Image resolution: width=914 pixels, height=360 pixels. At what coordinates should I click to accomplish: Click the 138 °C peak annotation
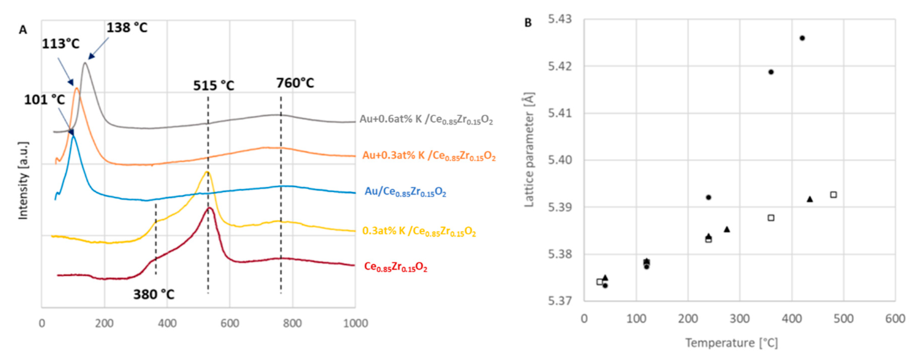(127, 28)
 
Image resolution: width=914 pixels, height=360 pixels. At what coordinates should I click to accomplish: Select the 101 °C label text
(44, 100)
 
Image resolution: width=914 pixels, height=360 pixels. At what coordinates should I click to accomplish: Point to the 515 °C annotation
(214, 85)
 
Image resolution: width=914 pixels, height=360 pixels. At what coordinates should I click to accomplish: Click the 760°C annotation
(295, 83)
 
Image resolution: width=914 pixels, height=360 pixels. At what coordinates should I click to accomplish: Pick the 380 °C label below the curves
(154, 294)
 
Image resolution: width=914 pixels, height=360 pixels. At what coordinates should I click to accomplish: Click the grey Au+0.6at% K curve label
(426, 119)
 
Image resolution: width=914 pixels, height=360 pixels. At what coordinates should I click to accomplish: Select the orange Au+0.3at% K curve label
(429, 156)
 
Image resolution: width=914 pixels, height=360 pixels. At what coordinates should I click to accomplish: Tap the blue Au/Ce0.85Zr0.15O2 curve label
(405, 192)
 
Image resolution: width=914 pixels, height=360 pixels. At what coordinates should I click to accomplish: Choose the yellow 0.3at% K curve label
(419, 231)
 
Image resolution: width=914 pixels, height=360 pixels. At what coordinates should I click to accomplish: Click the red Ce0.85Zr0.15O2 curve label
(395, 267)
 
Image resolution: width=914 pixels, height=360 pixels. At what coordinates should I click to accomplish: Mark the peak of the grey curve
(85, 63)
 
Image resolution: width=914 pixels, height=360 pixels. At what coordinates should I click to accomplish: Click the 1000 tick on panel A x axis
(356, 323)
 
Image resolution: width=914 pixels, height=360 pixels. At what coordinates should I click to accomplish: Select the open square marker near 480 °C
(834, 194)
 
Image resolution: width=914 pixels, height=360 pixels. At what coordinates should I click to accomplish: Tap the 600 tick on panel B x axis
(895, 319)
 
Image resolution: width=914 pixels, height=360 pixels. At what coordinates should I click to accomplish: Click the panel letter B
(528, 23)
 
